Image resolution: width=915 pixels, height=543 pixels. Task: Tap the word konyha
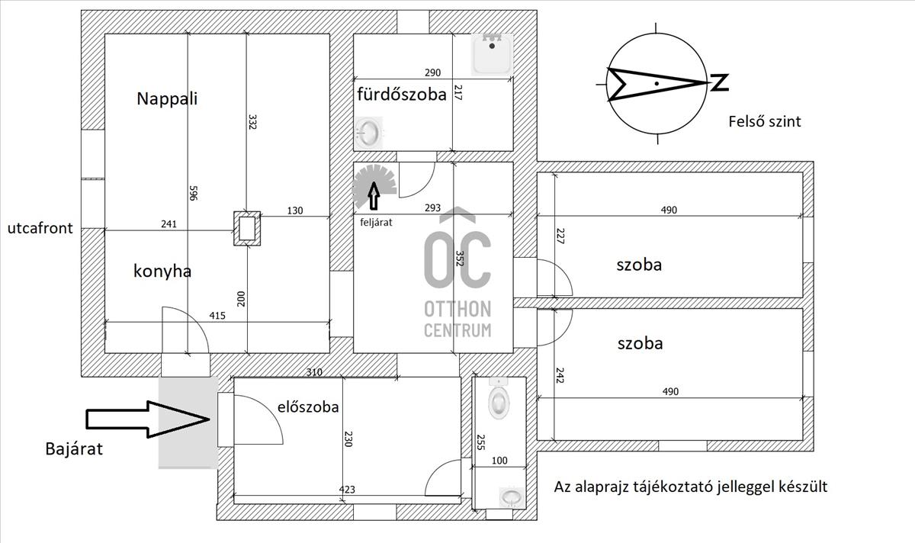[x=162, y=271]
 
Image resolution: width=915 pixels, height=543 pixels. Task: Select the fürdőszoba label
[x=401, y=95]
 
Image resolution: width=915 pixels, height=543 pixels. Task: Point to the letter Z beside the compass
[x=719, y=82]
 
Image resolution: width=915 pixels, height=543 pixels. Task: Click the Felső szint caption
[x=764, y=121]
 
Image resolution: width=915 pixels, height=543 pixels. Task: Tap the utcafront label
[x=40, y=227]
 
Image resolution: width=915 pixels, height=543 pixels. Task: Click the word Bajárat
[x=74, y=448]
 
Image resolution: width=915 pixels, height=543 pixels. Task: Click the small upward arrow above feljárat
[x=374, y=197]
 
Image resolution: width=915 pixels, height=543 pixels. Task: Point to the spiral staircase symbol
[x=376, y=183]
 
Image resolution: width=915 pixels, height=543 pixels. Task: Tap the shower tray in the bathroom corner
[x=493, y=53]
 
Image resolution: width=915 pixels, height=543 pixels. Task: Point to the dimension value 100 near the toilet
[x=499, y=460]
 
